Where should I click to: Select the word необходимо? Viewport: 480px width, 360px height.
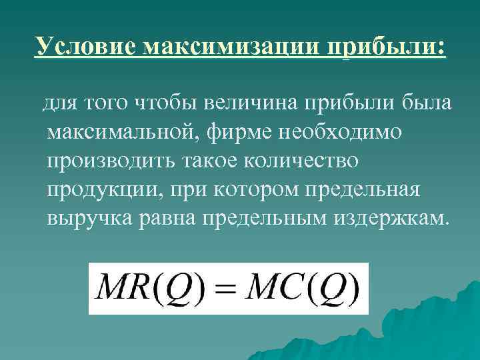click(x=327, y=132)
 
